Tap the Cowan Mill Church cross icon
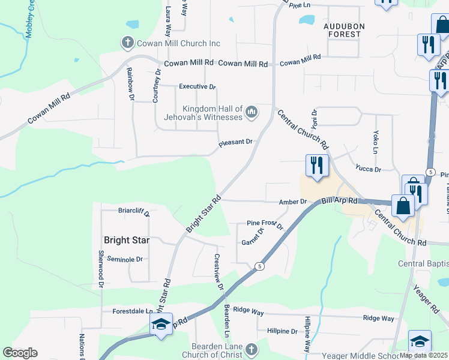(127, 43)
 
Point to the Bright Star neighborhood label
(126, 240)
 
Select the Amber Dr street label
(293, 202)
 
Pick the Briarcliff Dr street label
(133, 211)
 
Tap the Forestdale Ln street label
(133, 311)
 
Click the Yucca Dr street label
(368, 169)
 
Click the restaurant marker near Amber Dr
(316, 166)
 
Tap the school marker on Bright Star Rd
(161, 325)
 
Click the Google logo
(20, 353)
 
